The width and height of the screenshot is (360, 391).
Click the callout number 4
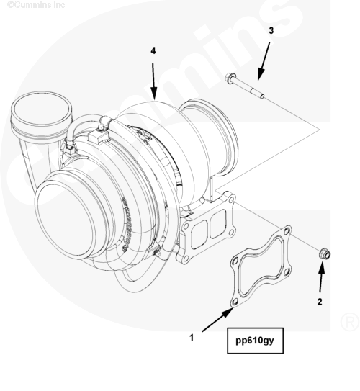(153, 51)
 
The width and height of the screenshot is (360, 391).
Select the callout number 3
(271, 30)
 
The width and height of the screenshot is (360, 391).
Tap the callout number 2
(320, 302)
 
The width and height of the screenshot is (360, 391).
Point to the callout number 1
(192, 338)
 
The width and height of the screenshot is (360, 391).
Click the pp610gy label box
(255, 341)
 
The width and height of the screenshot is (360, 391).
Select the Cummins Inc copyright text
(36, 4)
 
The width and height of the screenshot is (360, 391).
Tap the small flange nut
(325, 254)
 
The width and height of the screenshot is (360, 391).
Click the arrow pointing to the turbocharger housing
(153, 81)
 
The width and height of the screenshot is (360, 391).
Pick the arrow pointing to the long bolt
(264, 61)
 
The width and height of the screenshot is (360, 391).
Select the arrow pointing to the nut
(321, 276)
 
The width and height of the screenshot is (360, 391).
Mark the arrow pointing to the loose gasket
(217, 320)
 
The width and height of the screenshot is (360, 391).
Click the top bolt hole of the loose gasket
(287, 231)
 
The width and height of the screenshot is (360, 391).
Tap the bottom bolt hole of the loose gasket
(235, 302)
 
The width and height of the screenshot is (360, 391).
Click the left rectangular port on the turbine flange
(199, 235)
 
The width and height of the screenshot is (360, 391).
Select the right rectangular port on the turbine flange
(218, 223)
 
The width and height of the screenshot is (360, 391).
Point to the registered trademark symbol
(349, 321)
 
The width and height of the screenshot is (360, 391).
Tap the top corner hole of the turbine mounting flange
(231, 199)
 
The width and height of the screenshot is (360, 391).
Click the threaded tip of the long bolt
(262, 96)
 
